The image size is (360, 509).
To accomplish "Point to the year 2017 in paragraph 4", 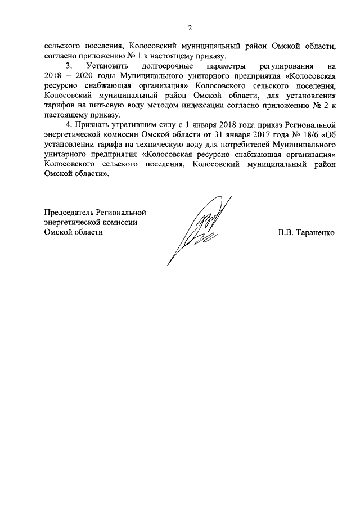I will [x=261, y=133].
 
